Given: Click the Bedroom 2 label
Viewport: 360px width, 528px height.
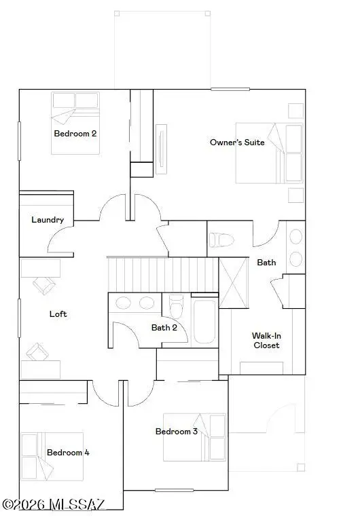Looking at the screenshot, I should click(x=75, y=134).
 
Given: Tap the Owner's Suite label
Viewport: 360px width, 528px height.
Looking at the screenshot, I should click(x=237, y=143).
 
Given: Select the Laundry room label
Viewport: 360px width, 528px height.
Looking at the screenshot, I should click(x=48, y=220).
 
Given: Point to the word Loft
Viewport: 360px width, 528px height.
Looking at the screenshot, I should click(x=58, y=314).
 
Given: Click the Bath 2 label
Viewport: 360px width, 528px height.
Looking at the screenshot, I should click(x=164, y=328).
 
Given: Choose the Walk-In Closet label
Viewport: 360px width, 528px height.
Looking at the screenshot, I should click(x=266, y=340).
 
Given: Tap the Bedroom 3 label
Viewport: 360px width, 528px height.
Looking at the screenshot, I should click(x=177, y=432).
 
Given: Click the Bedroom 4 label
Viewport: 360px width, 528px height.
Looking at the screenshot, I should click(x=68, y=453).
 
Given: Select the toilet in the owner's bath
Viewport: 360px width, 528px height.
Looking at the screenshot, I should click(x=221, y=240).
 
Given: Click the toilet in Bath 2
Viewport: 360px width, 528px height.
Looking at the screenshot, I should click(x=175, y=307).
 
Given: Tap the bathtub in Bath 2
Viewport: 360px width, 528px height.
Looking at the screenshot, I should click(x=204, y=321).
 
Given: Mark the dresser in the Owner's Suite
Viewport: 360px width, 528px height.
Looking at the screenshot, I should click(x=160, y=149).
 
